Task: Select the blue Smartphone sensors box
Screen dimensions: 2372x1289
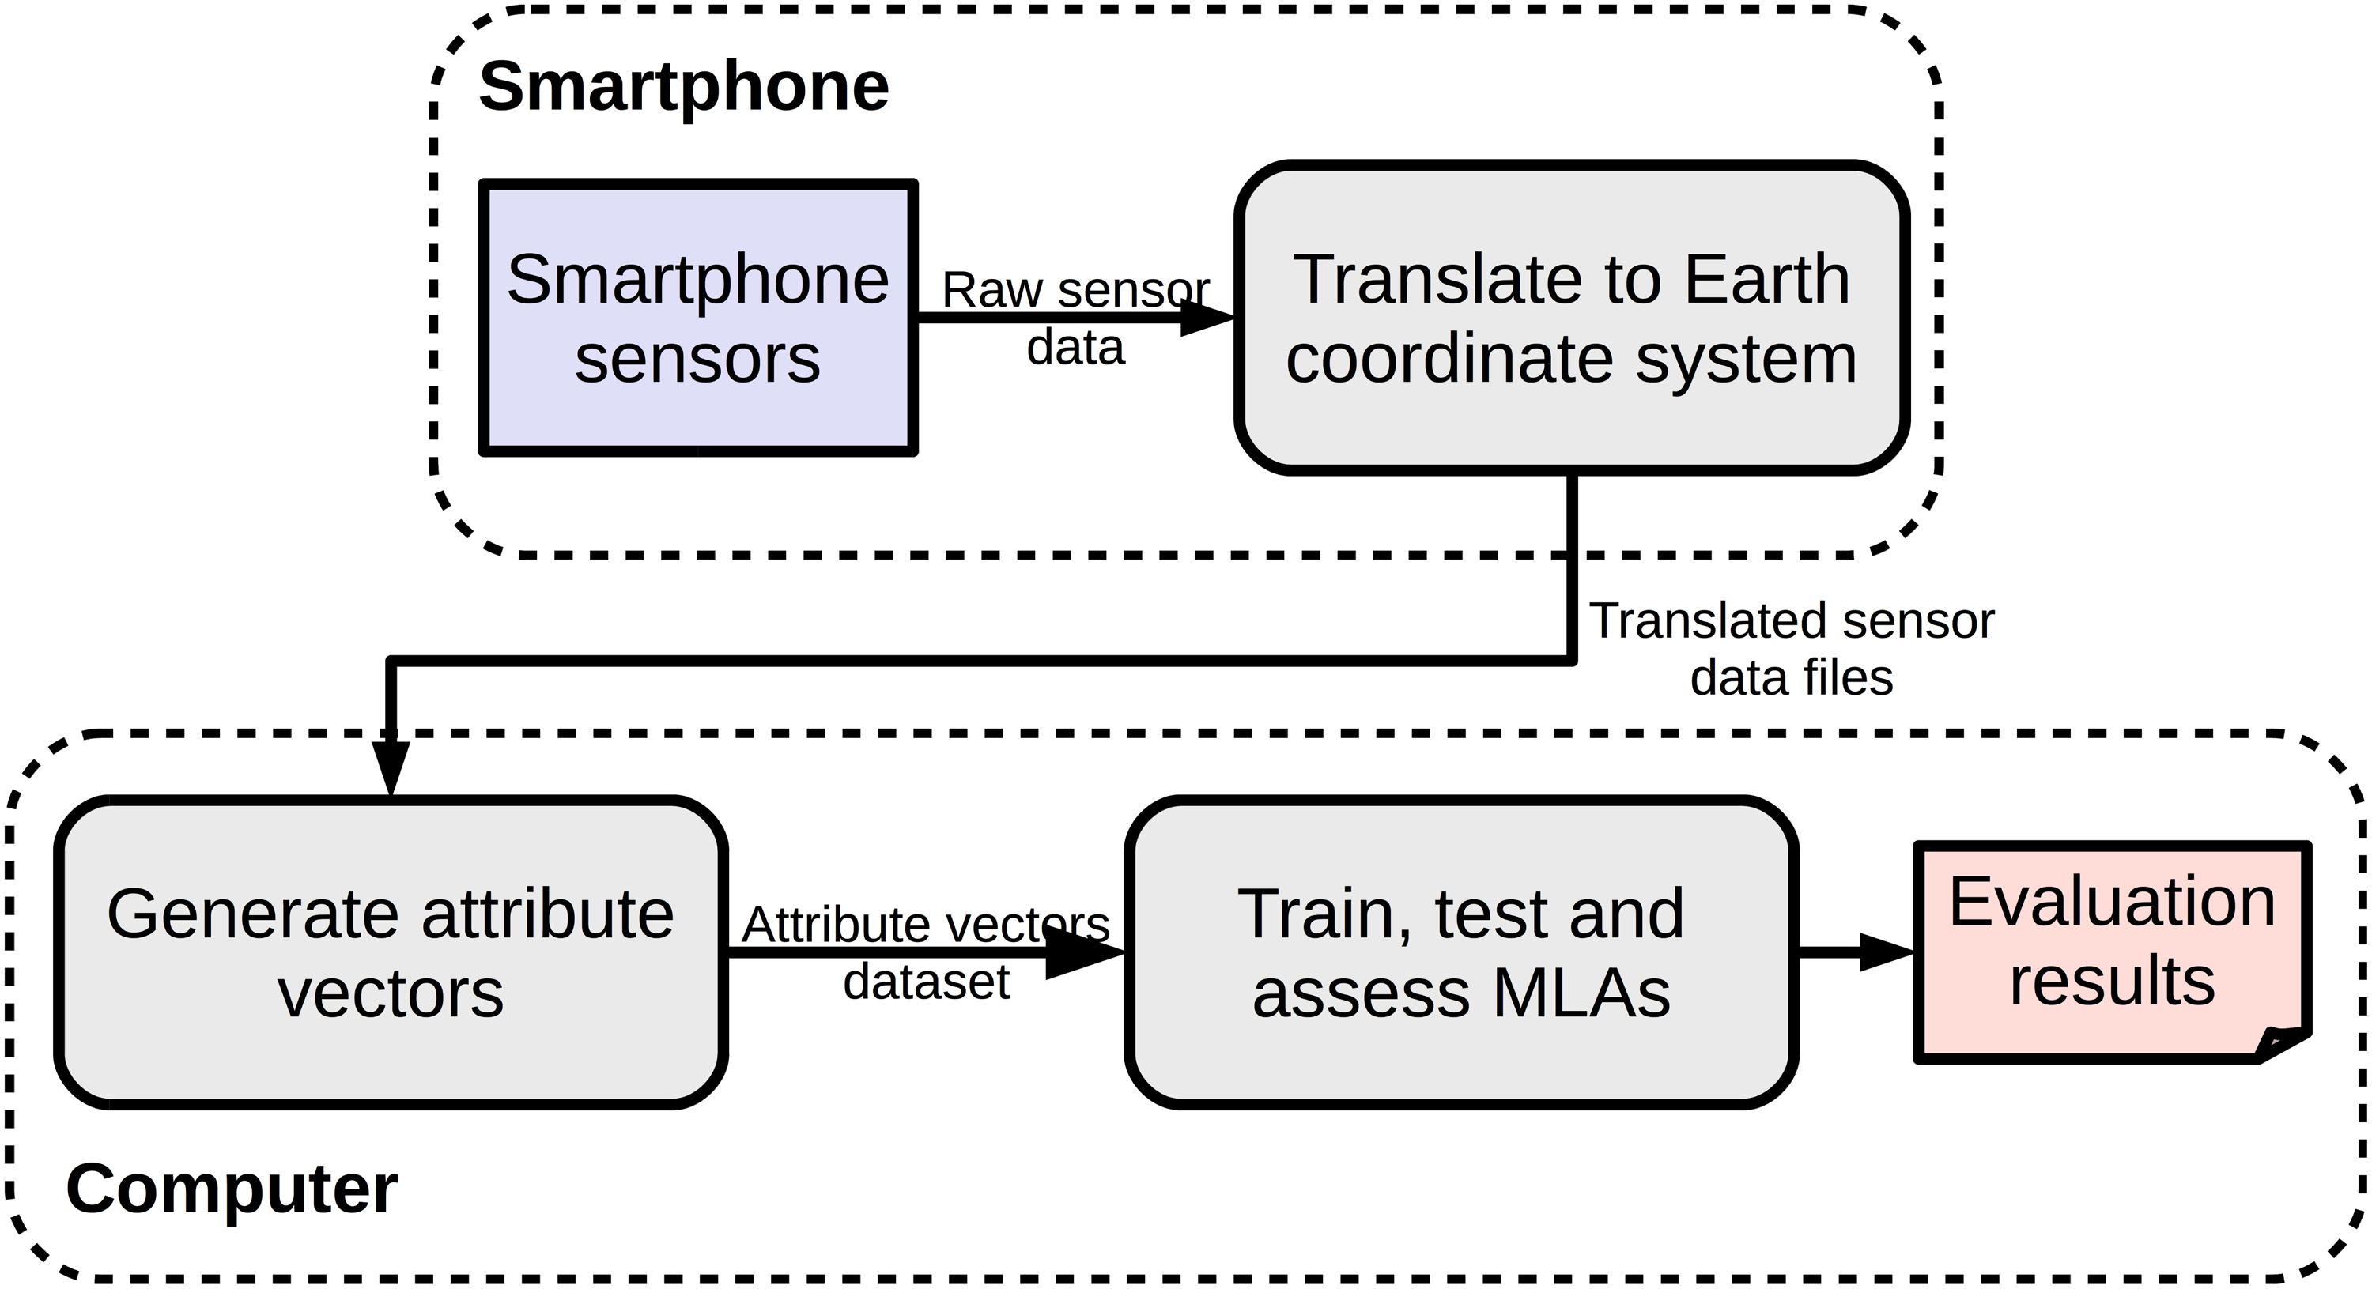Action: [x=698, y=318]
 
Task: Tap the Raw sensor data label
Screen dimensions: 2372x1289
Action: [x=1075, y=318]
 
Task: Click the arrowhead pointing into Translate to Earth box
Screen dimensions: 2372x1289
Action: [x=1207, y=318]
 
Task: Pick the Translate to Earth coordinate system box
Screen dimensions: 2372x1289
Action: [x=1572, y=318]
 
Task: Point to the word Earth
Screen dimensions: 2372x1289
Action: [x=1767, y=279]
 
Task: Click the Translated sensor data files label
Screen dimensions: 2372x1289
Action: [x=1791, y=649]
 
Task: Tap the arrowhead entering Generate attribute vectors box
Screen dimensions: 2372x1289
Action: [x=391, y=766]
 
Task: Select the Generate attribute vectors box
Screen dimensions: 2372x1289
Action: [x=391, y=952]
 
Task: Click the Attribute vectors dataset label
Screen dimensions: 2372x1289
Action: [x=925, y=953]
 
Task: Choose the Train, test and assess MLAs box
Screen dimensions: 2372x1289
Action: [x=1461, y=952]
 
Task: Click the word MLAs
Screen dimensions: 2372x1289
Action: [x=1581, y=993]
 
